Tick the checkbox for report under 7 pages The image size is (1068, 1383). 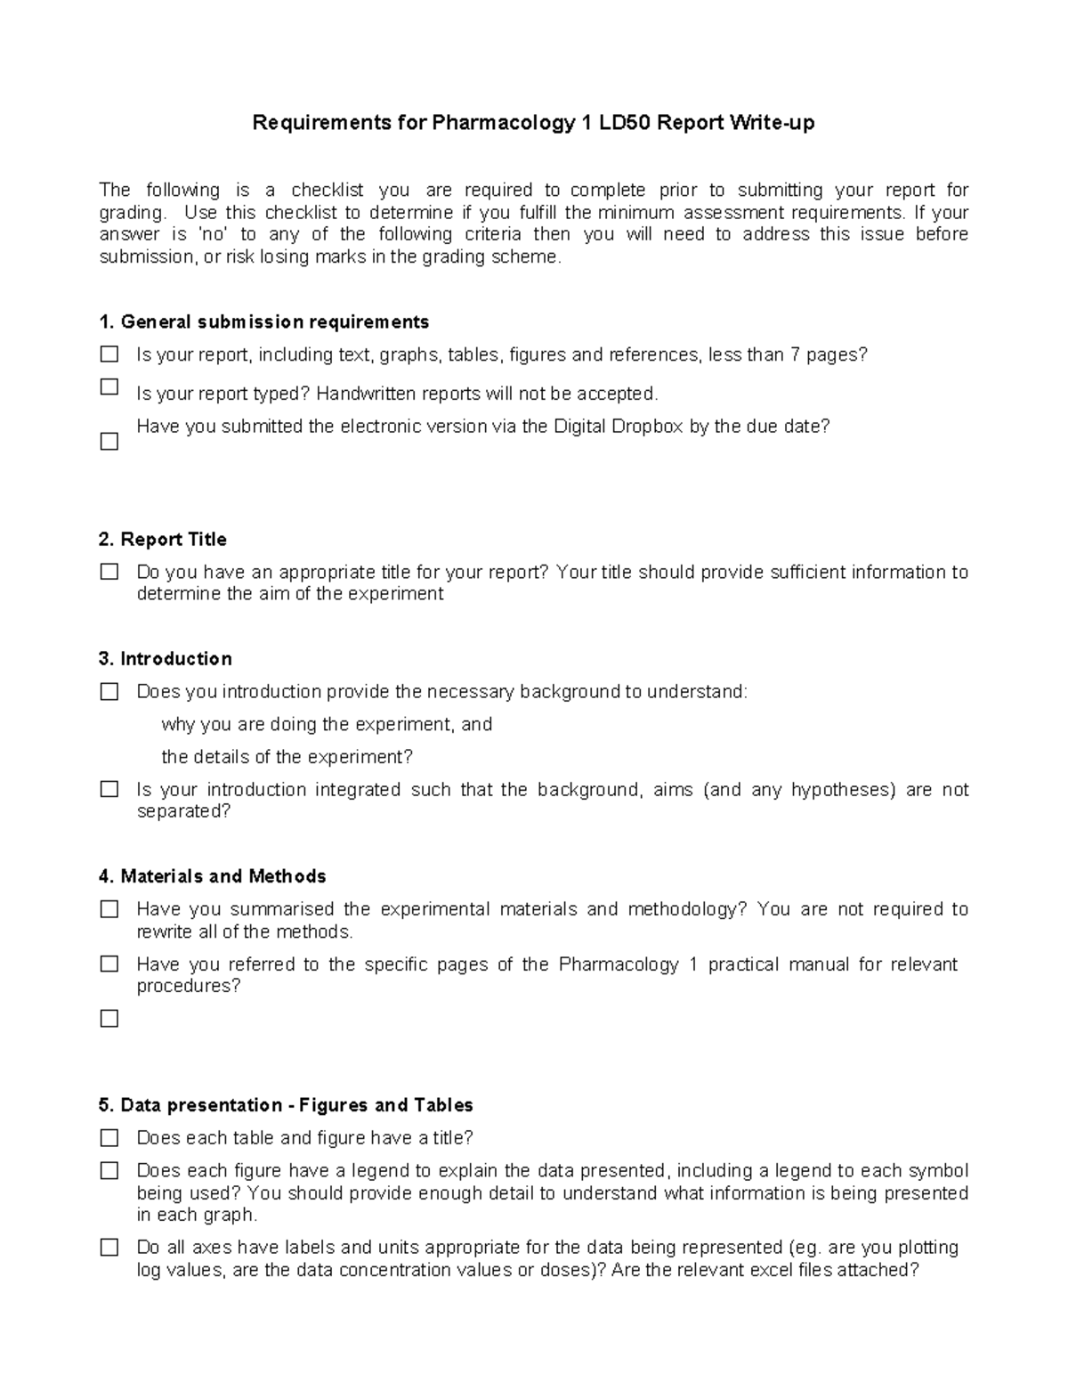click(109, 354)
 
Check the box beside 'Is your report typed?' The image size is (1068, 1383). click(109, 386)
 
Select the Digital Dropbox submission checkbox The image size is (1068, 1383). click(109, 441)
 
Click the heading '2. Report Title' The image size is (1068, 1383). click(163, 540)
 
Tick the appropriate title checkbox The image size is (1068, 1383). click(109, 572)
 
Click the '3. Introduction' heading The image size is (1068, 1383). click(166, 659)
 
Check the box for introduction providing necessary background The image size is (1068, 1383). click(109, 692)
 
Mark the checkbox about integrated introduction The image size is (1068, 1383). click(109, 789)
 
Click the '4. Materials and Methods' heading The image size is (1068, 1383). click(213, 876)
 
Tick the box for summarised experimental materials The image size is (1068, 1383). click(109, 909)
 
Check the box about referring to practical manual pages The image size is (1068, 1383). click(109, 964)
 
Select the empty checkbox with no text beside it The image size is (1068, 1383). click(109, 1018)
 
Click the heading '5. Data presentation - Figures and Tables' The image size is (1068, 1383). click(286, 1105)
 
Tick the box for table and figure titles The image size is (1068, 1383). click(109, 1138)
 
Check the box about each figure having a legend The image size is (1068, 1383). click(109, 1171)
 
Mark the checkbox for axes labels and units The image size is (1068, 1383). click(109, 1248)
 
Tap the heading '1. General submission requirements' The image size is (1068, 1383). click(264, 321)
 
